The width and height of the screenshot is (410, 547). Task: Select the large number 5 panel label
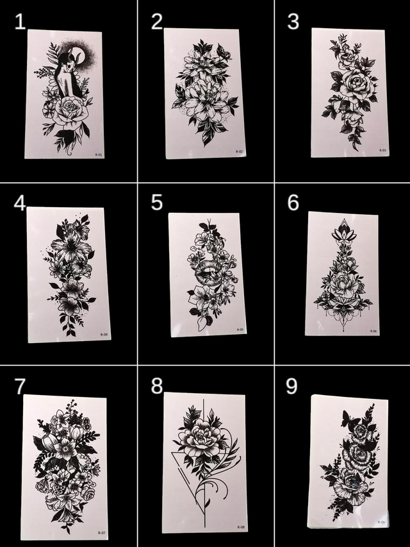click(157, 203)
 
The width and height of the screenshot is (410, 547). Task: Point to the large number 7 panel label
click(20, 386)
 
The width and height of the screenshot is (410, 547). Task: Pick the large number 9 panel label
click(292, 386)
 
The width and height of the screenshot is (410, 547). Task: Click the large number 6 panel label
click(293, 203)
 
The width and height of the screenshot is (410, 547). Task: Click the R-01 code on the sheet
click(99, 154)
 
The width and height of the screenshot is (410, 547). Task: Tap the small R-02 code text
click(239, 151)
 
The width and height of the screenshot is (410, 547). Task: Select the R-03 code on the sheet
click(382, 150)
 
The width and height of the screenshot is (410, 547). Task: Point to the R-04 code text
click(104, 335)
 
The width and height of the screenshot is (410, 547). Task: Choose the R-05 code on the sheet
click(240, 330)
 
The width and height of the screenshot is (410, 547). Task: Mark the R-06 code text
click(373, 331)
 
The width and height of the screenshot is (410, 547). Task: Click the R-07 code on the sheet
click(101, 532)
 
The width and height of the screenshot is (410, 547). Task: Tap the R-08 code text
click(240, 527)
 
